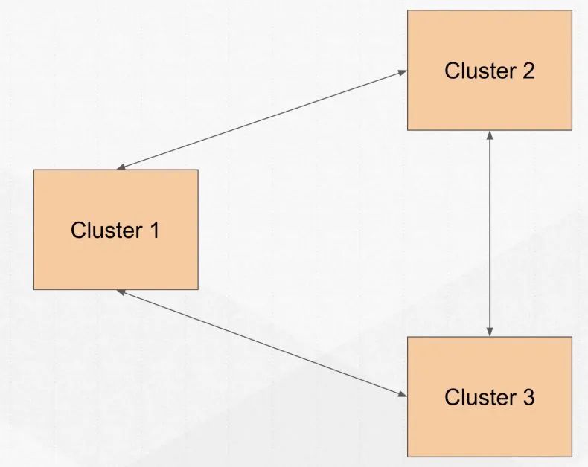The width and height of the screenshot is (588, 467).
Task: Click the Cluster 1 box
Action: point(116,229)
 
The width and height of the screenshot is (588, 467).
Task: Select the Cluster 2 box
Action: point(490,70)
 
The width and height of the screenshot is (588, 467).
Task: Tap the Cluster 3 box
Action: point(490,396)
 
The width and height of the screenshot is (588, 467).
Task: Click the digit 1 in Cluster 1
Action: point(155,230)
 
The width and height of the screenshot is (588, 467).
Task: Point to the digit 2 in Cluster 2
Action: point(528,71)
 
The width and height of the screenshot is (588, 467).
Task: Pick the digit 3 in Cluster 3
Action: point(528,397)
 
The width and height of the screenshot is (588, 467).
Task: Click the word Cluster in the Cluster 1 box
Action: point(106,230)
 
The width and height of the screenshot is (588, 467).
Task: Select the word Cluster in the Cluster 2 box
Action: point(480,71)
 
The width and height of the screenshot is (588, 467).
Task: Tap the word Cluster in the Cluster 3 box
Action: point(480,397)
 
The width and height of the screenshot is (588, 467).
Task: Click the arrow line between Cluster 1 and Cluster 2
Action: point(262,120)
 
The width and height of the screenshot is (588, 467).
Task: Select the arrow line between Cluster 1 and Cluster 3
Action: point(262,343)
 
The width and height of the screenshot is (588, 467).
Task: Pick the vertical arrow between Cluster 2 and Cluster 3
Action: point(489,233)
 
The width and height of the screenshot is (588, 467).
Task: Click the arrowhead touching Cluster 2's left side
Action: point(403,72)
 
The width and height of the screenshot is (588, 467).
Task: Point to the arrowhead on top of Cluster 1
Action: point(121,167)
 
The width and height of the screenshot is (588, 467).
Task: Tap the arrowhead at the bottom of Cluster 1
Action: point(121,292)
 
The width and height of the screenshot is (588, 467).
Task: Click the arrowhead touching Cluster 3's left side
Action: point(403,394)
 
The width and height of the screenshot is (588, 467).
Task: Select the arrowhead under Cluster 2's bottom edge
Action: point(489,135)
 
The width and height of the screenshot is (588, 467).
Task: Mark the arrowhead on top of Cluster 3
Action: point(489,332)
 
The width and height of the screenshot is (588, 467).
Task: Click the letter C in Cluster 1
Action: point(78,230)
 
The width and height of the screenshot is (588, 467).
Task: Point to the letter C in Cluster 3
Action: point(452,397)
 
